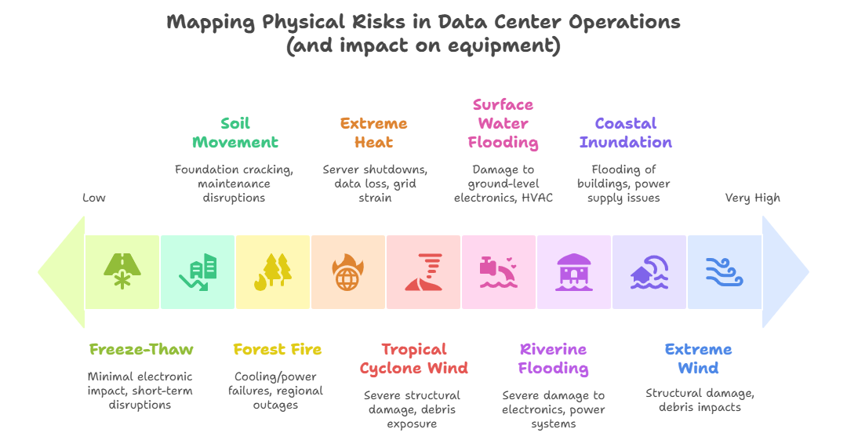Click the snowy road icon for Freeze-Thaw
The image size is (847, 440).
coord(122,271)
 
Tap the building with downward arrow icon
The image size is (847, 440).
coord(198,271)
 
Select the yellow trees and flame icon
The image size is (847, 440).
coord(273,271)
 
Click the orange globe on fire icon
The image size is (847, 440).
coord(348,271)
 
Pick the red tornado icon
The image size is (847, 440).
coord(423,271)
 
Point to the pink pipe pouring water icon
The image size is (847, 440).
coord(499,271)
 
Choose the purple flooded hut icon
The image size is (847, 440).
coord(574,271)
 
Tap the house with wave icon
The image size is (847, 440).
coord(649,271)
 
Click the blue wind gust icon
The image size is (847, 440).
coord(724,271)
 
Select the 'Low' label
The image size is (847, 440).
coord(93,198)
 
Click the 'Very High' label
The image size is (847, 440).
coord(752,198)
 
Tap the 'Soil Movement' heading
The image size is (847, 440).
coord(235,133)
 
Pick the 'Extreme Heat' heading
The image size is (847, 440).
coord(374,133)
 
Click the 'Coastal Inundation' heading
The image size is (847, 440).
coord(626,133)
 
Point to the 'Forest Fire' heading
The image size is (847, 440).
coord(278,350)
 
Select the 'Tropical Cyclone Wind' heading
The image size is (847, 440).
coord(414,359)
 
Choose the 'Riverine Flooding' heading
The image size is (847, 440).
coord(554,359)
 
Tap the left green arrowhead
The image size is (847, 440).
coord(60,271)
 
